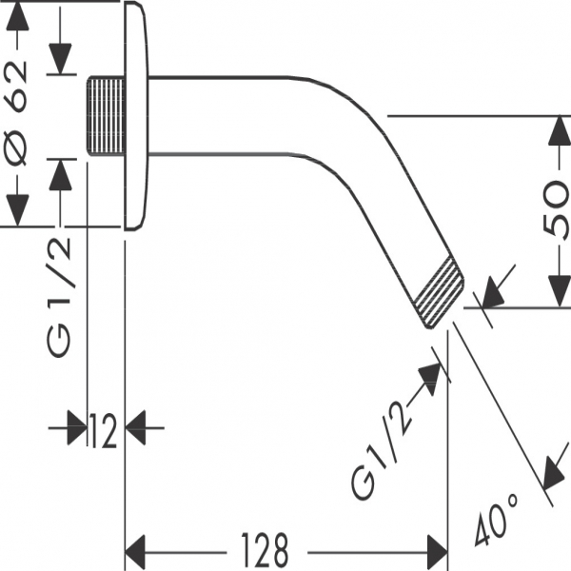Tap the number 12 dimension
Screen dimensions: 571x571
pyautogui.click(x=104, y=432)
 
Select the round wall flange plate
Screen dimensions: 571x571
pyautogui.click(x=137, y=115)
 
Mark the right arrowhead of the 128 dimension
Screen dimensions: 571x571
pyautogui.click(x=437, y=549)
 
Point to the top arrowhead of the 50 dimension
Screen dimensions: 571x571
pyautogui.click(x=554, y=128)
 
